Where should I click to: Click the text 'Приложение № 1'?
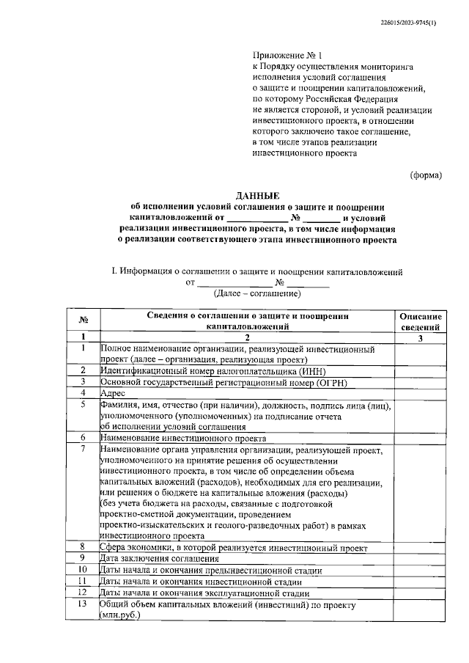click(x=287, y=55)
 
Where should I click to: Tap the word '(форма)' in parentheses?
click(x=426, y=175)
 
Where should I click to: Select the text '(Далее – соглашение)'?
click(x=256, y=293)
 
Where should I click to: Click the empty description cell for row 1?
click(x=420, y=354)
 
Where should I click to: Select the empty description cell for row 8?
click(x=420, y=547)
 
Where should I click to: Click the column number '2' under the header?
click(x=247, y=337)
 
